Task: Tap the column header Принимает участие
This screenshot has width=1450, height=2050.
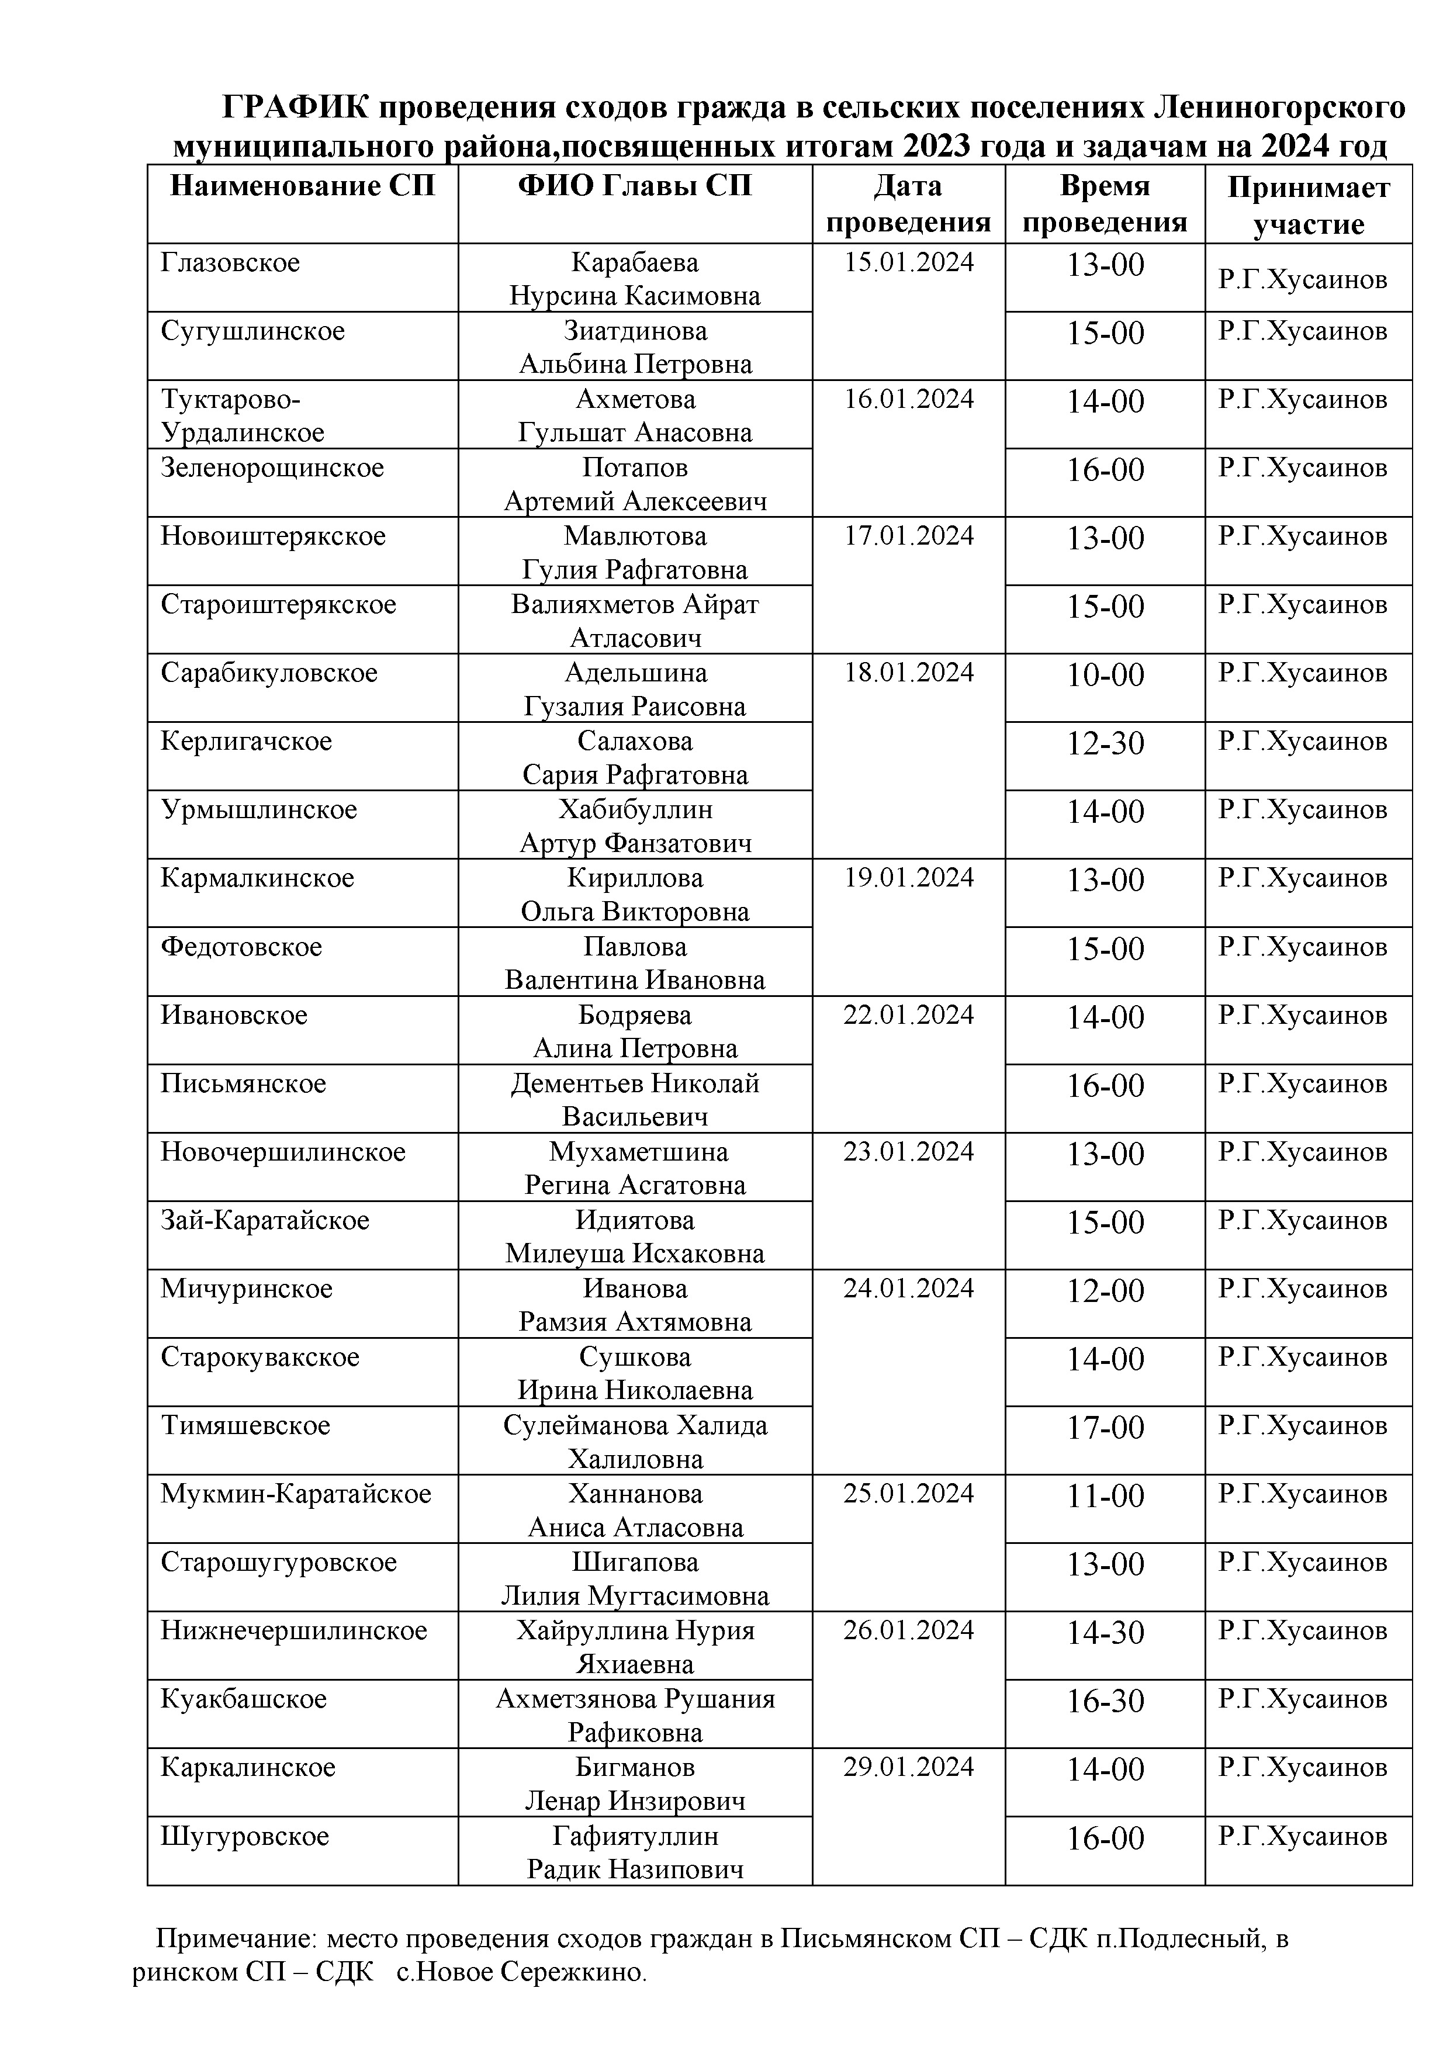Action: pyautogui.click(x=1308, y=205)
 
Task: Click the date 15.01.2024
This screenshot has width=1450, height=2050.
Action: pyautogui.click(x=909, y=262)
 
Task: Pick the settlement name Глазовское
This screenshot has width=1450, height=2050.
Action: pyautogui.click(x=230, y=262)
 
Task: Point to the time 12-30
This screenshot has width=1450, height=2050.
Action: pyautogui.click(x=1105, y=743)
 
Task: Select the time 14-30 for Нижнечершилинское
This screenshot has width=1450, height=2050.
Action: pyautogui.click(x=1105, y=1632)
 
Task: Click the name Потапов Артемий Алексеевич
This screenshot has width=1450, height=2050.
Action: pyautogui.click(x=635, y=484)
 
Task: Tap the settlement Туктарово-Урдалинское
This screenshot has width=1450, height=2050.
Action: pyautogui.click(x=243, y=415)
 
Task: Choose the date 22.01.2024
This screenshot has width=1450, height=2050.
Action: pyautogui.click(x=909, y=1015)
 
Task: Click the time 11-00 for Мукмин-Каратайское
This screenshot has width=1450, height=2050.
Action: pyautogui.click(x=1105, y=1495)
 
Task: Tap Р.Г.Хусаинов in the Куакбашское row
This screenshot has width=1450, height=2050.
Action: pyautogui.click(x=1303, y=1699)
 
